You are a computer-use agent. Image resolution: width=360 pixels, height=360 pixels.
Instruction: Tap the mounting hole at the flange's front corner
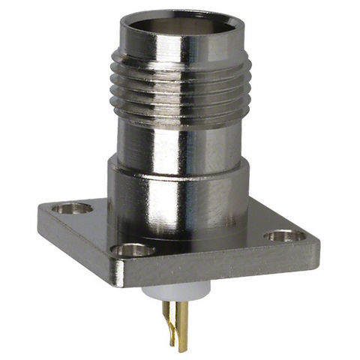pos(133,249)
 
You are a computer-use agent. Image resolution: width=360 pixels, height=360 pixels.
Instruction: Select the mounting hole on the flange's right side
pos(281,236)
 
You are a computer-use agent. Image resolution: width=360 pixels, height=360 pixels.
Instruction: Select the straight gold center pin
pos(182,322)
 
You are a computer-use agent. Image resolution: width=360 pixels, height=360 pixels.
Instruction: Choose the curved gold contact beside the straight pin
pos(170,315)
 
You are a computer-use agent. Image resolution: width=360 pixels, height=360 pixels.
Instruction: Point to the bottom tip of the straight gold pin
pos(182,349)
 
